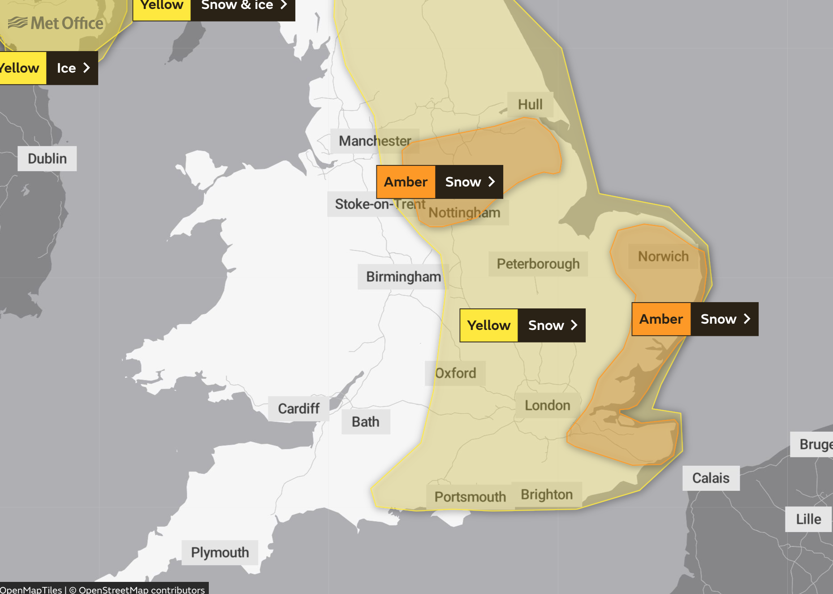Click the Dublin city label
(x=47, y=159)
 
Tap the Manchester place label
(x=375, y=141)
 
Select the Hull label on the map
(x=530, y=104)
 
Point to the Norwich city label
(x=663, y=256)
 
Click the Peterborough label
(x=538, y=264)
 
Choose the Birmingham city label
(x=403, y=277)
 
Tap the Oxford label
(x=455, y=373)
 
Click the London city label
(x=547, y=405)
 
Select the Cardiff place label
(x=298, y=408)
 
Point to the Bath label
(x=365, y=422)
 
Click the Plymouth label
(x=220, y=552)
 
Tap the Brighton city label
(x=547, y=494)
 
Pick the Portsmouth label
(x=470, y=497)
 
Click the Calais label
(x=711, y=478)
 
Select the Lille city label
(x=808, y=519)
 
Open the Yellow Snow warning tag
(x=522, y=325)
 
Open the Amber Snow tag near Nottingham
(x=440, y=182)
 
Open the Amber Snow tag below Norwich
(x=695, y=319)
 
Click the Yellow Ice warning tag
(x=48, y=68)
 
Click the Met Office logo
(x=56, y=23)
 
